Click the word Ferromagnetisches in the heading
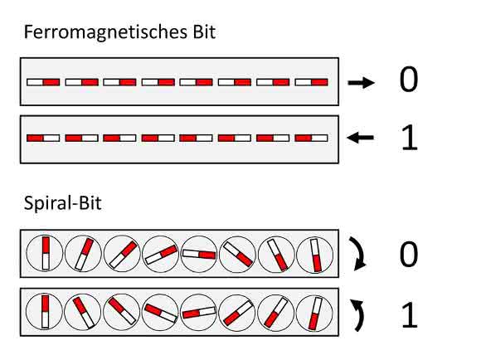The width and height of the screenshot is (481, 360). pyautogui.click(x=106, y=32)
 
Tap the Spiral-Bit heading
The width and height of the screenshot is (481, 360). pyautogui.click(x=62, y=203)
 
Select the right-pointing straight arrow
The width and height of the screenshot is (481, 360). pyautogui.click(x=361, y=82)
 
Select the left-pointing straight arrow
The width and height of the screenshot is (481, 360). pyautogui.click(x=360, y=138)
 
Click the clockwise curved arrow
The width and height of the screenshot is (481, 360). pyautogui.click(x=362, y=254)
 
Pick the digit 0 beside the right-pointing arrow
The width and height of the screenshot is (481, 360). pyautogui.click(x=408, y=80)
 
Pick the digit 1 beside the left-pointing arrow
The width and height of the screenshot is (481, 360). pyautogui.click(x=410, y=138)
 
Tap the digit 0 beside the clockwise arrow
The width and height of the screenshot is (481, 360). pyautogui.click(x=408, y=254)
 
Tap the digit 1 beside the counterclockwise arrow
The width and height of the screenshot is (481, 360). pyautogui.click(x=410, y=315)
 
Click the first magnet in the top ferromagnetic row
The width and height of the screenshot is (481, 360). pyautogui.click(x=43, y=82)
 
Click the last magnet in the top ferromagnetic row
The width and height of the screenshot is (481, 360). pyautogui.click(x=311, y=82)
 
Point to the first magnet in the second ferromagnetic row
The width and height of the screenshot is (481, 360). pyautogui.click(x=43, y=138)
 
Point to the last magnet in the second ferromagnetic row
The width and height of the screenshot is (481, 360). pyautogui.click(x=311, y=138)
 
